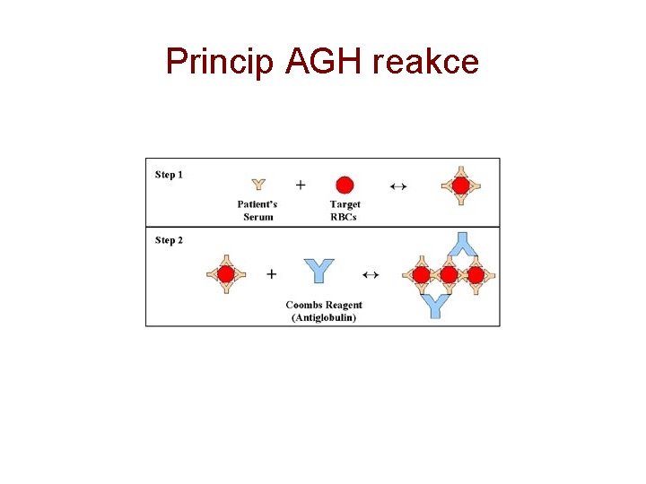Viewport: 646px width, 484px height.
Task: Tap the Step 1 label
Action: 169,175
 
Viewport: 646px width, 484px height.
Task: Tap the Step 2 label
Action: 169,240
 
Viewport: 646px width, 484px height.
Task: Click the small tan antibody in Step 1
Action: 258,185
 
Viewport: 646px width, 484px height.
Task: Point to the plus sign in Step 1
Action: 301,185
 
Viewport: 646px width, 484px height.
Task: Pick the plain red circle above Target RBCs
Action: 345,186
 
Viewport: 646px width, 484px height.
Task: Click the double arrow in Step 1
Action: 398,186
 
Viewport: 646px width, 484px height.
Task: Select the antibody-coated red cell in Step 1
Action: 460,186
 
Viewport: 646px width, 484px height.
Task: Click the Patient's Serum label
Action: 258,211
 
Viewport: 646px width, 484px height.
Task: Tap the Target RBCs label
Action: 345,211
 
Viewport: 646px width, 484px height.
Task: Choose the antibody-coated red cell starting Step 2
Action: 226,273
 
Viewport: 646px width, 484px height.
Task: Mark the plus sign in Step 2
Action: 271,273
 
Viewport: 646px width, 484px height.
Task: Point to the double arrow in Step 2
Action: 370,273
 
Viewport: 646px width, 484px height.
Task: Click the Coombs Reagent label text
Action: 324,306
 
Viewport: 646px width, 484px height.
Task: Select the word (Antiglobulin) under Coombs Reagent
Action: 324,317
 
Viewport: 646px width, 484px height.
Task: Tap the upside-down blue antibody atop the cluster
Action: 462,244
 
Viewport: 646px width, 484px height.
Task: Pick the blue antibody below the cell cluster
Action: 435,305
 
